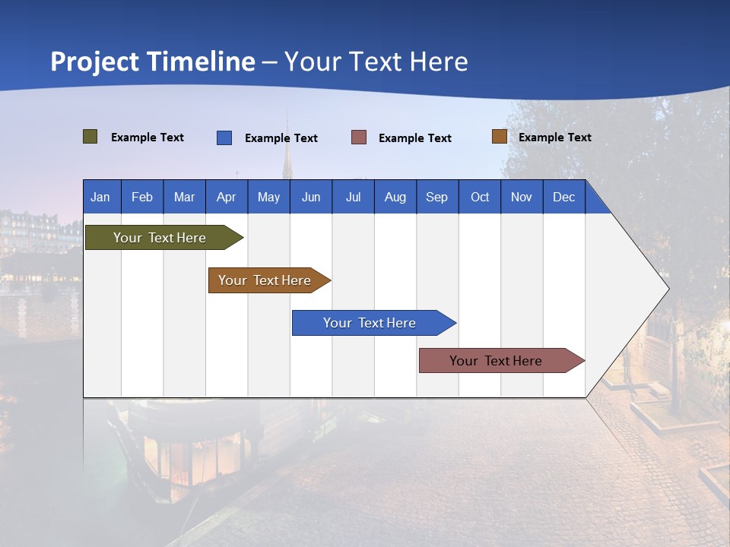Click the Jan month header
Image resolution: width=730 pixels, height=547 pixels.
(101, 197)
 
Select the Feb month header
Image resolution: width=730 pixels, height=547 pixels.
(142, 197)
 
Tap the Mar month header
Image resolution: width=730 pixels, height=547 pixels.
(184, 197)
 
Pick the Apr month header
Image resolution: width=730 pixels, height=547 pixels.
(227, 197)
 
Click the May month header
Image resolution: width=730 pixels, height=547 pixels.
(268, 197)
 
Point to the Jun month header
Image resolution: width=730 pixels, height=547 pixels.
(311, 197)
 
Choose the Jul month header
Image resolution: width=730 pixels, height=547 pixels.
(353, 197)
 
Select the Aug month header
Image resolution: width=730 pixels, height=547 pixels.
(395, 197)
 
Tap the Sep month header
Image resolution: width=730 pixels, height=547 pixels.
(437, 197)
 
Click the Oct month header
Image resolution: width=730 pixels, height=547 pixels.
(480, 197)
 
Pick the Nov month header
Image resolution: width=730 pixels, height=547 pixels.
(522, 197)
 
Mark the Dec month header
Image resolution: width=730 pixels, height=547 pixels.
(564, 197)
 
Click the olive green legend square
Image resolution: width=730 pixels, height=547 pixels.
(90, 137)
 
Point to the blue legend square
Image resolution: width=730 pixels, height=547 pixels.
(224, 138)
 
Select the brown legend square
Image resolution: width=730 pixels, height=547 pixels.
(499, 137)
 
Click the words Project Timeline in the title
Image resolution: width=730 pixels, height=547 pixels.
(153, 62)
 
